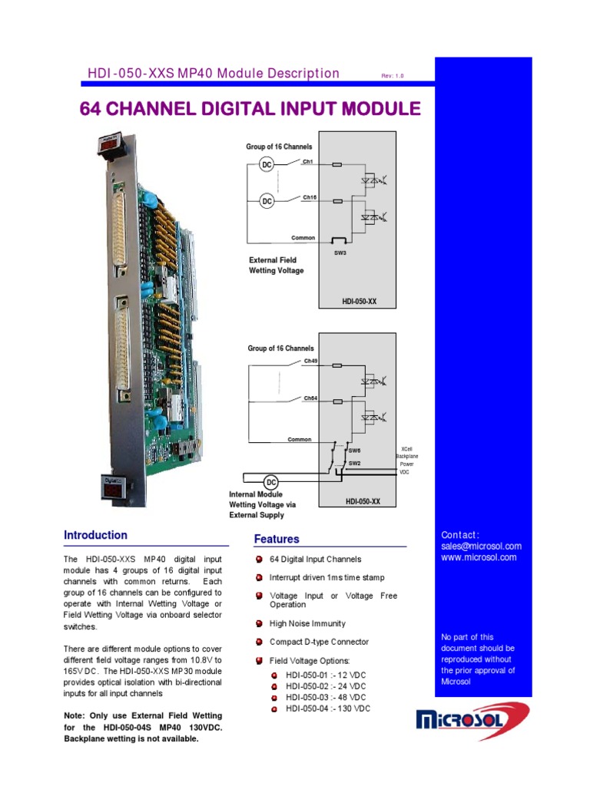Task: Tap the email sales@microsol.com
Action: [x=481, y=546]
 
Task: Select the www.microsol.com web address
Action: [x=479, y=557]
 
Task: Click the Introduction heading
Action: [x=95, y=535]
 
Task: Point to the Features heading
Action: [x=277, y=540]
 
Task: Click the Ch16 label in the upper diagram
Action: [x=310, y=197]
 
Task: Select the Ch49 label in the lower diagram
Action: [x=310, y=361]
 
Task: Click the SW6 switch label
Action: [x=354, y=451]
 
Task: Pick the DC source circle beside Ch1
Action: [x=267, y=165]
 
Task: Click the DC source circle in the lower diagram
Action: [x=271, y=482]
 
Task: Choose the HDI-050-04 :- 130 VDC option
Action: [x=327, y=708]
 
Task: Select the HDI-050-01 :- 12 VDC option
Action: [x=325, y=675]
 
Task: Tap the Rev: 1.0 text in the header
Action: [x=392, y=76]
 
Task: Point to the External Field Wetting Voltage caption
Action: [x=276, y=266]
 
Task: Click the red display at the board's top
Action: [x=107, y=144]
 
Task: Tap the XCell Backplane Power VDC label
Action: [x=406, y=460]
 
